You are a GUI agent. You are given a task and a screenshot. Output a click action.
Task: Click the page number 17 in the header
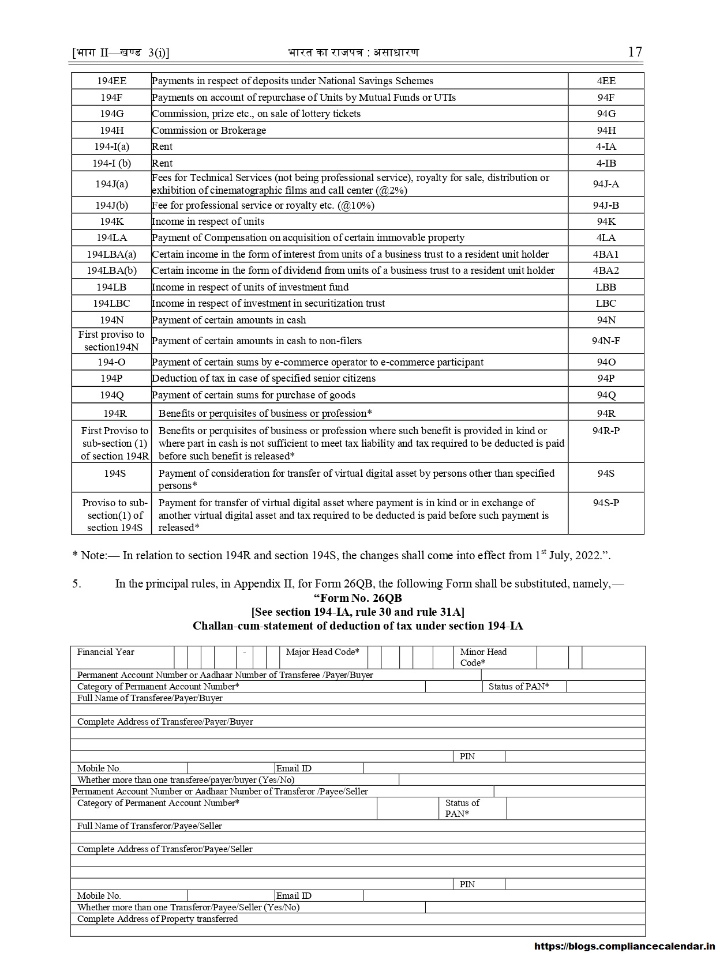[x=634, y=52]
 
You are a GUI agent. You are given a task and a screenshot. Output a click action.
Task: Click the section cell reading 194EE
[x=111, y=81]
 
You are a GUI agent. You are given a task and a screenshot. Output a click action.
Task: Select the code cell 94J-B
[x=606, y=205]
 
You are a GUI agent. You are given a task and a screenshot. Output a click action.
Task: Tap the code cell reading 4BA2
[x=606, y=270]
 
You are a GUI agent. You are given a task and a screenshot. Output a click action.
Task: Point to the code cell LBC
[x=606, y=303]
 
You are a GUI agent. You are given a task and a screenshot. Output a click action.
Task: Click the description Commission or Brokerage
[x=209, y=130]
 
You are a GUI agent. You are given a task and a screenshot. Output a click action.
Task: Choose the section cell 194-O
[x=111, y=362]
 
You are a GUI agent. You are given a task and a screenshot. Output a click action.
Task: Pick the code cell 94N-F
[x=606, y=341]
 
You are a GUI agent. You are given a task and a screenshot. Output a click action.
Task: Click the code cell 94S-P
[x=606, y=503]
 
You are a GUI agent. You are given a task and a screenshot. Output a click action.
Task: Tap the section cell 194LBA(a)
[x=111, y=254]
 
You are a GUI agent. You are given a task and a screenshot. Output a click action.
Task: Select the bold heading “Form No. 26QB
[x=358, y=598]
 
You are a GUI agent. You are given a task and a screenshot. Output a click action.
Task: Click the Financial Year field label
[x=106, y=652]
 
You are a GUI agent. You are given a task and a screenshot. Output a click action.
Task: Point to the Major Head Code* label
[x=323, y=652]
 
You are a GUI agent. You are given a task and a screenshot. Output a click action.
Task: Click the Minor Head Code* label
[x=483, y=657]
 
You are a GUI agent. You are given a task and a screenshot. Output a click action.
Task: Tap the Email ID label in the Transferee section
[x=294, y=768]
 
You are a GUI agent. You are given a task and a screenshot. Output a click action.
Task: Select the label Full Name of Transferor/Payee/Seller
[x=149, y=826]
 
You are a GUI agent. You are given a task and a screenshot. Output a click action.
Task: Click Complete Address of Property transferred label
[x=158, y=918]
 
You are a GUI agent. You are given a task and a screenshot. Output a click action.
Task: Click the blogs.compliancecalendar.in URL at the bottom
[x=624, y=946]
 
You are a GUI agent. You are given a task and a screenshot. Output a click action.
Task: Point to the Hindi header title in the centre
[x=353, y=52]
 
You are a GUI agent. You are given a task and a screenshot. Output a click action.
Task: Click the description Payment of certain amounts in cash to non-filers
[x=257, y=341]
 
